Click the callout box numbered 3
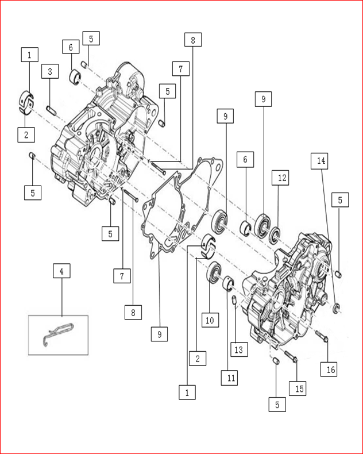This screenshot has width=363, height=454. [x=51, y=72]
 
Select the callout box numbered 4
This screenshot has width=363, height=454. [x=61, y=271]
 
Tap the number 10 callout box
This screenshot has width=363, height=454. [x=210, y=320]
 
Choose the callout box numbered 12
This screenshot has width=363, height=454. [x=283, y=179]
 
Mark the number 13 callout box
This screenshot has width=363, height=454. [x=240, y=348]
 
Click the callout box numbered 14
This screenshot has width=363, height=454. [x=321, y=161]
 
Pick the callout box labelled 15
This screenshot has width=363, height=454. [x=298, y=388]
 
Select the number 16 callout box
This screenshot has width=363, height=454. [x=330, y=369]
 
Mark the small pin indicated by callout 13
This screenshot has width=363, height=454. [x=234, y=299]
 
